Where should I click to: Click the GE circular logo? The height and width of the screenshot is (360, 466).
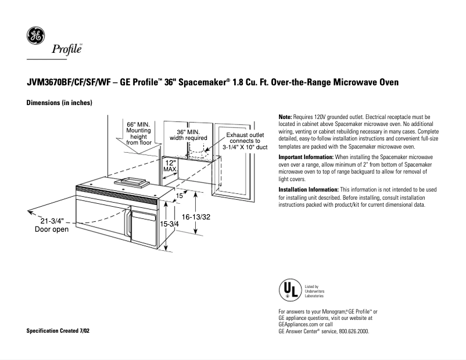[x=35, y=35]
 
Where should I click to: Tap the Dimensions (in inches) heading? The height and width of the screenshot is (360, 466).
[x=60, y=103]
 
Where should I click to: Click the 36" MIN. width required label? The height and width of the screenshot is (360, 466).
[x=188, y=135]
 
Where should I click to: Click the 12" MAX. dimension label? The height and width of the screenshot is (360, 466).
[x=170, y=167]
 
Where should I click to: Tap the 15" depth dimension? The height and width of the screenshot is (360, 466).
[x=180, y=196]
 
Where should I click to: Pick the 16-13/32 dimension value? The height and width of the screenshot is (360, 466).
[x=196, y=216]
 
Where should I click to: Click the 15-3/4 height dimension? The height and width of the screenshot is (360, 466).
[x=169, y=224]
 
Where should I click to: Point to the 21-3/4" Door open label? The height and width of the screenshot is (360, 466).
[x=52, y=225]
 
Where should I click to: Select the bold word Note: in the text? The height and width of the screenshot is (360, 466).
[x=285, y=117]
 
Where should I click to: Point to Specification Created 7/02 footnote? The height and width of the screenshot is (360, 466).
[x=58, y=330]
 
